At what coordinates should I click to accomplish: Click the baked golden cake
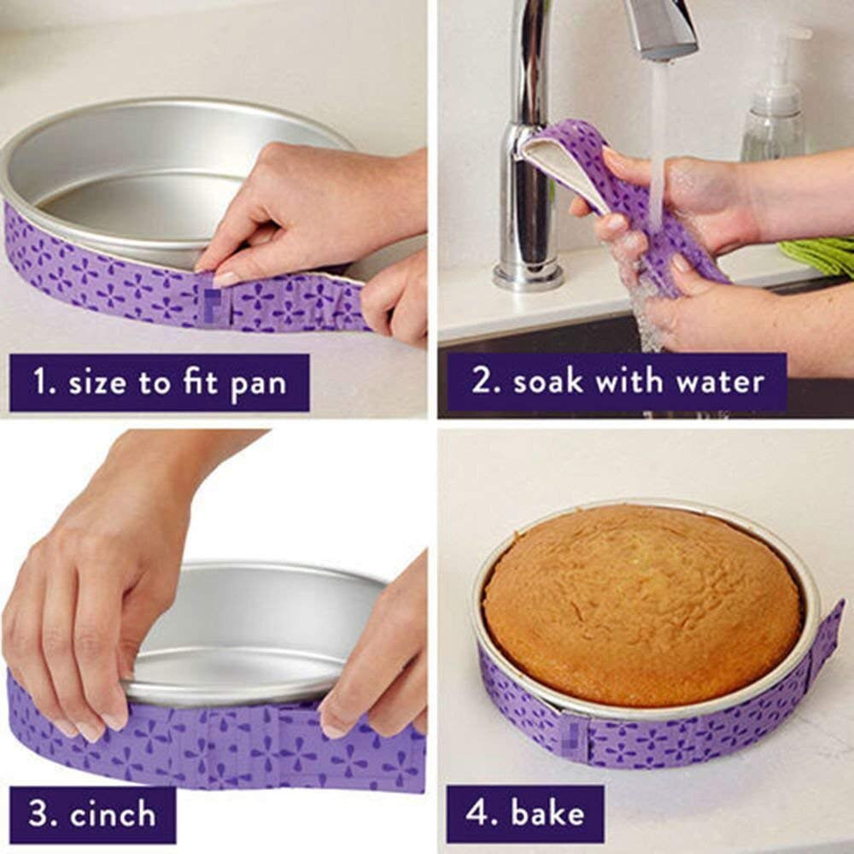[x=640, y=602]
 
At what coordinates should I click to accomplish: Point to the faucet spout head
[x=662, y=30]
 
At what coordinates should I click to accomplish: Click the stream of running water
[x=658, y=145]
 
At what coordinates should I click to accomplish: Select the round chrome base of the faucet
[x=528, y=276]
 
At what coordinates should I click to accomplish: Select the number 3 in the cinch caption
[x=39, y=815]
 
